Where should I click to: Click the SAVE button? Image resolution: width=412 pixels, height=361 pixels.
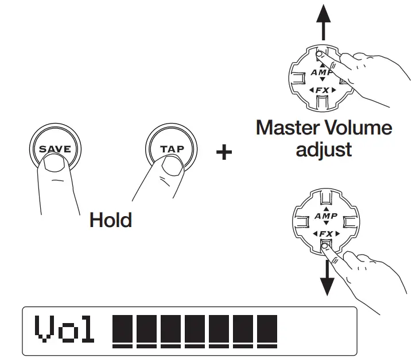coord(55,148)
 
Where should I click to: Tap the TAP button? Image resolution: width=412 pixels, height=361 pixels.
coord(172,148)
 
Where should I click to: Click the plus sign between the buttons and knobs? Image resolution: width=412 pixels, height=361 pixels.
coord(224,152)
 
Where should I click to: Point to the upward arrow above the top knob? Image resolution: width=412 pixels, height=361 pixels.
coord(324,23)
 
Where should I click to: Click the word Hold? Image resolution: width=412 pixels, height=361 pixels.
coord(110,220)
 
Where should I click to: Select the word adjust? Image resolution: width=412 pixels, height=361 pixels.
coord(324,149)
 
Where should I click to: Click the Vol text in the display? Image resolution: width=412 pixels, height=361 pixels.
coord(64,329)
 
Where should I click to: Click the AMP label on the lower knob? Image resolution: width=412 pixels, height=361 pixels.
coord(325,217)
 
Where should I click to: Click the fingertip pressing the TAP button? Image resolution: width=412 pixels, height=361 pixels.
coord(170,167)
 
